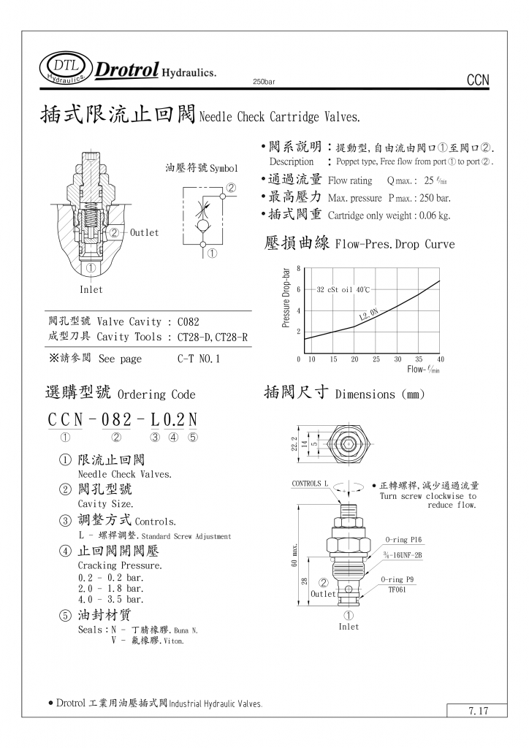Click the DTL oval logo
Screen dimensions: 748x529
point(66,67)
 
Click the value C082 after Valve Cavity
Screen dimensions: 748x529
point(188,321)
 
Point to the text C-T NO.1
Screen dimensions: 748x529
point(198,359)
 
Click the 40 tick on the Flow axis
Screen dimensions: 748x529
point(441,359)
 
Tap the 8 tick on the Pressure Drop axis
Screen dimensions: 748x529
point(298,268)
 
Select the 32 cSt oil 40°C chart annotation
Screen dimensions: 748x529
point(343,290)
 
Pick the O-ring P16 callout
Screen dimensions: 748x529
point(404,540)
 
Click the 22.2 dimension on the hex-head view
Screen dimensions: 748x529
point(294,443)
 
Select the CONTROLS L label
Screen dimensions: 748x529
point(311,484)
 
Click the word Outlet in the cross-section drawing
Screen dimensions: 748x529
point(144,232)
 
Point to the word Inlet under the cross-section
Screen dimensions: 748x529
point(91,289)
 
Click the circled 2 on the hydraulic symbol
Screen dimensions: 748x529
point(232,188)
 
